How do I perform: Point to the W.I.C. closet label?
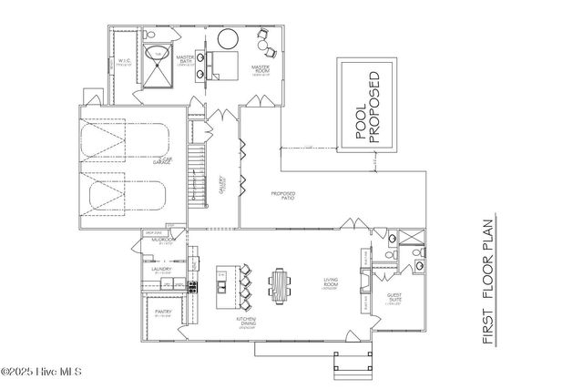123,64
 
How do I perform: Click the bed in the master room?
221,64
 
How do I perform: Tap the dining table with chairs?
279,285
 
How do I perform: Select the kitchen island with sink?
220,283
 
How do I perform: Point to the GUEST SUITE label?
395,300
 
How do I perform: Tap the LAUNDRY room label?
161,269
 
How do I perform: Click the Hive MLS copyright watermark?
42,372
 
